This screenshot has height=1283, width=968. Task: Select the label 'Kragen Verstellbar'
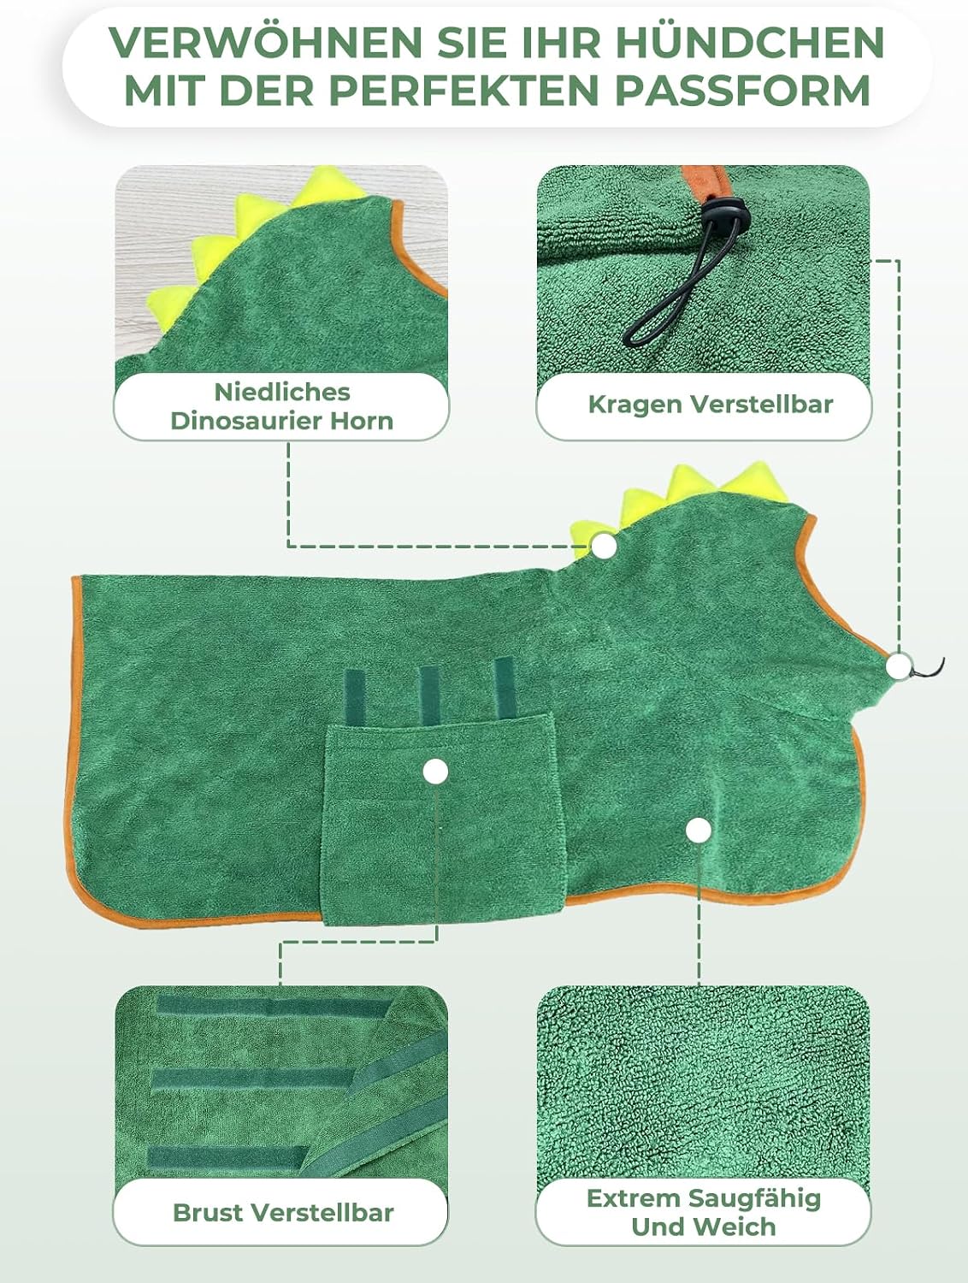coord(710,404)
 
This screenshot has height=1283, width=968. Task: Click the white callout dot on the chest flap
coord(435,772)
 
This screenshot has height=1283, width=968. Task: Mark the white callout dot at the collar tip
coord(899,665)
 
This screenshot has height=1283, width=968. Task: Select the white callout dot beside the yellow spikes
coord(605,547)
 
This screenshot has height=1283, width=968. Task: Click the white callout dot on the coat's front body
coord(699,830)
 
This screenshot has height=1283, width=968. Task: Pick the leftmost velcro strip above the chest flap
coord(355,699)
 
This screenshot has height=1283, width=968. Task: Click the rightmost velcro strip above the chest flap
coord(504,688)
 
